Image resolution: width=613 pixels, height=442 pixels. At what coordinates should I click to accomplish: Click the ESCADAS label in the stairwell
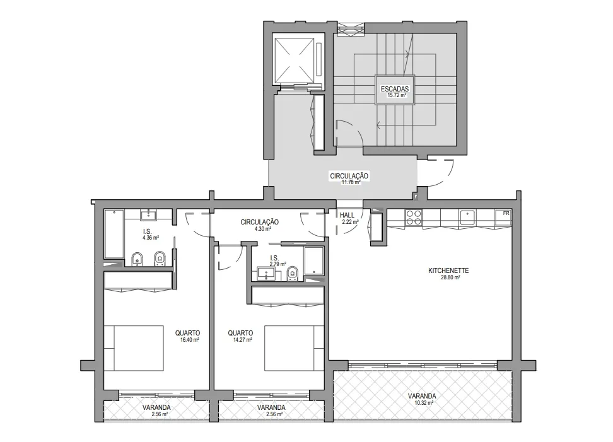[394, 89]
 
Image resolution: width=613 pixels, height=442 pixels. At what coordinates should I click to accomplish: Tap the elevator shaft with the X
[295, 61]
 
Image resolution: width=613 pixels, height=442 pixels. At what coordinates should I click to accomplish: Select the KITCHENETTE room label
[448, 270]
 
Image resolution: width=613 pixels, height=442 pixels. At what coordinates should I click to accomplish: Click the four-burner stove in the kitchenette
[414, 218]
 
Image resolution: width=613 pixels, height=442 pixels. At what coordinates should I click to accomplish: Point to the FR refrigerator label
[506, 213]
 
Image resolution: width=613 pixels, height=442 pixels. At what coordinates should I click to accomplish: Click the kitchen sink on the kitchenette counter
[467, 218]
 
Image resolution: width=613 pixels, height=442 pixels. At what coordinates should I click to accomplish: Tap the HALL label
[347, 216]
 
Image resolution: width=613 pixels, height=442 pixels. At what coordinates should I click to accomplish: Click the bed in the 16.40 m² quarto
[134, 348]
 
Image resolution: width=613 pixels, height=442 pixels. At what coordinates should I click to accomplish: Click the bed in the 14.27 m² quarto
[294, 348]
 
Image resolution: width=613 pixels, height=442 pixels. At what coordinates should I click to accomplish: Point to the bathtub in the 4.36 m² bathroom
[114, 234]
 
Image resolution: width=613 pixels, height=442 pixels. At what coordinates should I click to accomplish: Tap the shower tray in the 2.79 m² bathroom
[314, 260]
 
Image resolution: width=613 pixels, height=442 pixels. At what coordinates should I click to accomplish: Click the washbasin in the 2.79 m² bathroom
[266, 274]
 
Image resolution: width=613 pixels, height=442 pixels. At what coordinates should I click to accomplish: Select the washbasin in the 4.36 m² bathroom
[149, 214]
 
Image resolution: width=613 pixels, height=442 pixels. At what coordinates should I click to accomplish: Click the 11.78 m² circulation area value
[351, 182]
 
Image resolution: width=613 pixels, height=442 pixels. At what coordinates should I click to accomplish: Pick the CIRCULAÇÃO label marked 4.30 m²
[260, 222]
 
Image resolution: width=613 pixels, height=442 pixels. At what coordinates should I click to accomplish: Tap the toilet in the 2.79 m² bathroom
[293, 273]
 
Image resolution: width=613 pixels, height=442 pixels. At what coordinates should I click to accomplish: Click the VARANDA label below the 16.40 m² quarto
[156, 407]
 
